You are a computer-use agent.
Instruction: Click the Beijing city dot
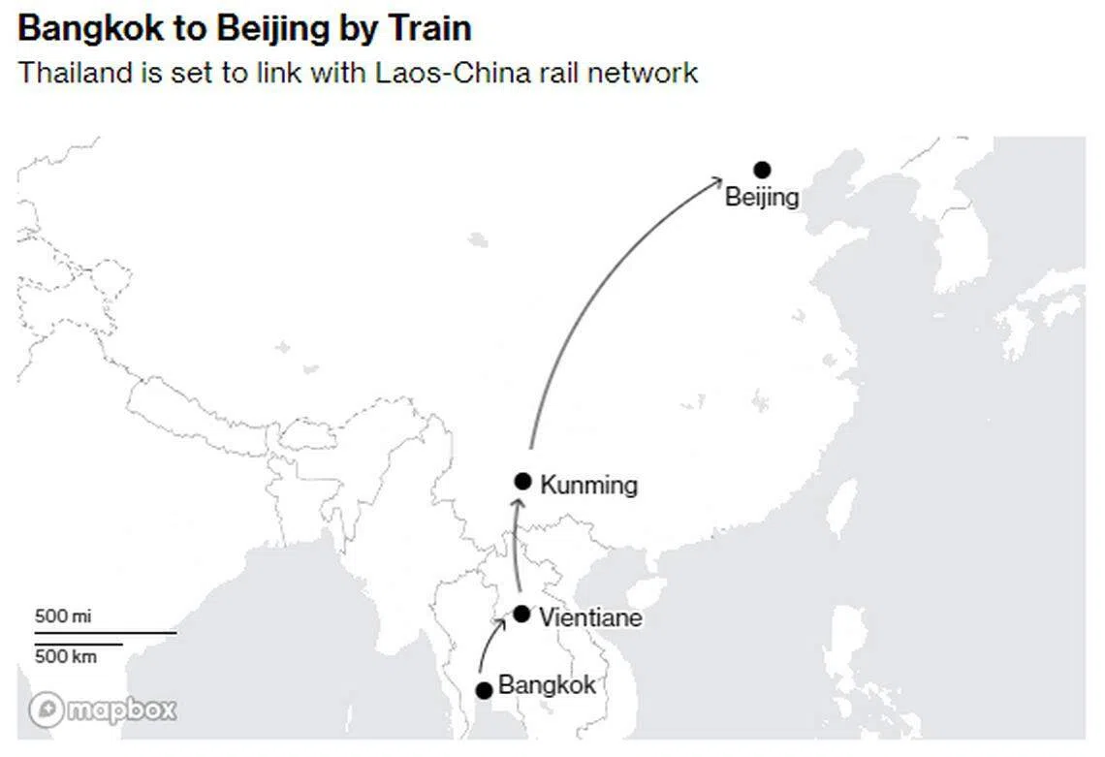[762, 170]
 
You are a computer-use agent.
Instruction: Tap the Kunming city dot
[522, 482]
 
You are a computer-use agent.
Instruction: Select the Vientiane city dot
[521, 614]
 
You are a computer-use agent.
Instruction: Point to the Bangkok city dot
[484, 691]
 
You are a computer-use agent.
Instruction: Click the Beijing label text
[762, 198]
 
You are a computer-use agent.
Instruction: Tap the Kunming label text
[589, 485]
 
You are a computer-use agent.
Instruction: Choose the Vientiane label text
[590, 617]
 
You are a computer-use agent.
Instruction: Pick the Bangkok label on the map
[547, 684]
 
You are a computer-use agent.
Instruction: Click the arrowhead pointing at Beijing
[716, 181]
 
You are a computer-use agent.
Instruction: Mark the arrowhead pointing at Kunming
[518, 503]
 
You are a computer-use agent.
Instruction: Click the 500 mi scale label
[63, 616]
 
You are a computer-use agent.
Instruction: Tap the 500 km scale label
[66, 656]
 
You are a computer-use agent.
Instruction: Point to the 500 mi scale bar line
[106, 633]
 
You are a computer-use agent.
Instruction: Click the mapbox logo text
[121, 710]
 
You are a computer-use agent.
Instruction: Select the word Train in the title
[430, 28]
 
